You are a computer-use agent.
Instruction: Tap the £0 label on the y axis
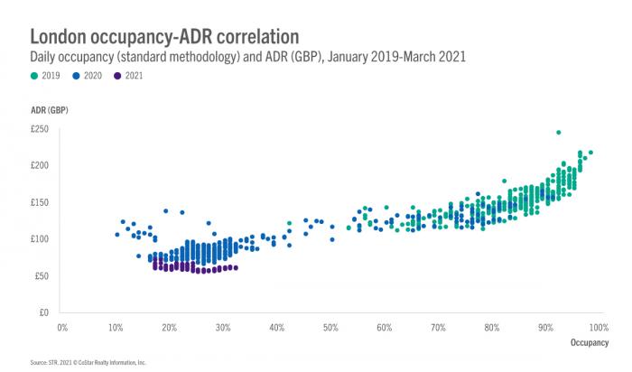[x=42, y=312]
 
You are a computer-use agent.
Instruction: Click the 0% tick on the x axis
[x=62, y=327]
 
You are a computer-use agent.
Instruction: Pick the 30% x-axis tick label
[x=222, y=327]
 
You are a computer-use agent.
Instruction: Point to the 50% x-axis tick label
[x=330, y=327]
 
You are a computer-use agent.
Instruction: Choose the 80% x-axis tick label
[x=490, y=327]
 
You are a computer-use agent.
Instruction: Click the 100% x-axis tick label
[x=596, y=327]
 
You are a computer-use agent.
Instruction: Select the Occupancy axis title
[x=592, y=343]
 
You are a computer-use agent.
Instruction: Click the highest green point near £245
[x=559, y=132]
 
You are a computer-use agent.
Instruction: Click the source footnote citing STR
[x=88, y=362]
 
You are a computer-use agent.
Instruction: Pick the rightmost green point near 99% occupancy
[x=590, y=153]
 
